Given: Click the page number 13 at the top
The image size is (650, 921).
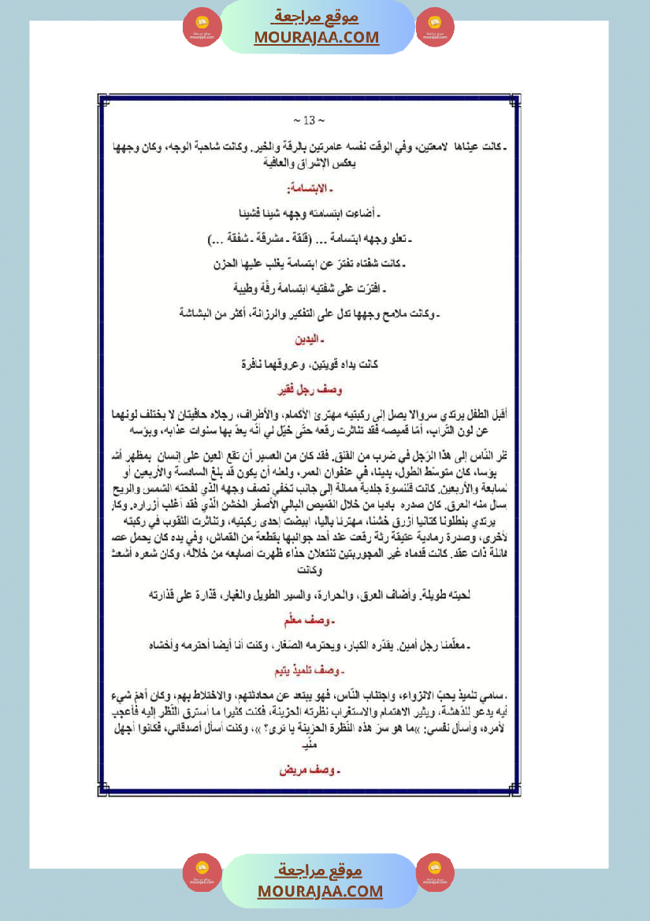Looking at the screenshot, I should click(x=309, y=121).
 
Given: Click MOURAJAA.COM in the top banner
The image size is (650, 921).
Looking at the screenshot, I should click(x=317, y=37).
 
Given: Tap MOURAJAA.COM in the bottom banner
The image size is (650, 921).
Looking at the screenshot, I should click(x=320, y=891).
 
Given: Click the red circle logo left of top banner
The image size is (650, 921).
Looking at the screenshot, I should click(x=202, y=28).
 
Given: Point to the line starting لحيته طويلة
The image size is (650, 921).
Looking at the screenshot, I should click(x=308, y=595).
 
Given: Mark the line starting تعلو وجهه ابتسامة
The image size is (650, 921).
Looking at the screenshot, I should click(x=308, y=239).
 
